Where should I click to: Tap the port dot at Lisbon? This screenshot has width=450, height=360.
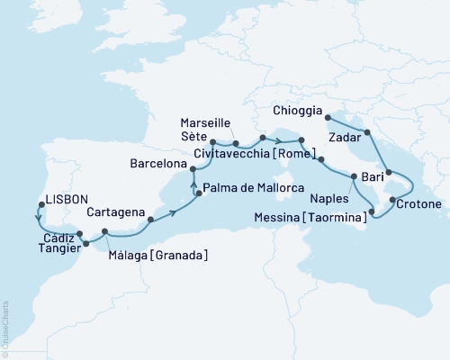tap(39, 203)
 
